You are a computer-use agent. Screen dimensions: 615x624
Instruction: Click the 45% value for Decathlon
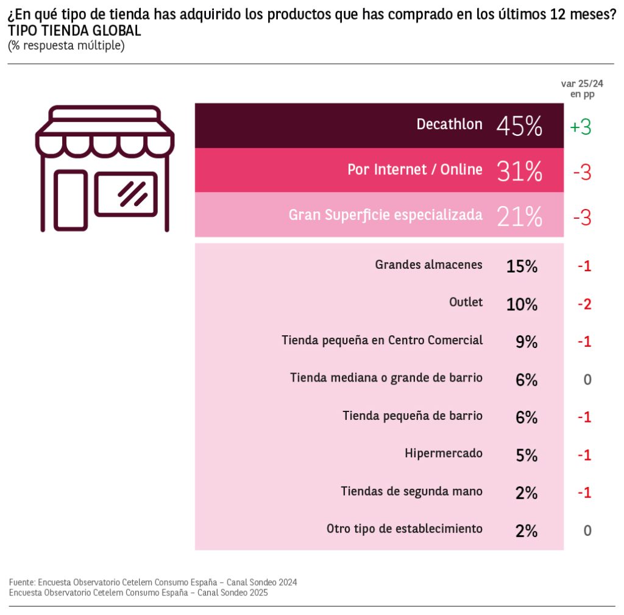(x=519, y=126)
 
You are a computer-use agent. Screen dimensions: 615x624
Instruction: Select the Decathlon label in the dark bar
(x=449, y=124)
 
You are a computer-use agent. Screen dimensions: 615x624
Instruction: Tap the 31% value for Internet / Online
(x=519, y=171)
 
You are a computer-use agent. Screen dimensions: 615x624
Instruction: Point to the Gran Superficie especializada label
(x=385, y=215)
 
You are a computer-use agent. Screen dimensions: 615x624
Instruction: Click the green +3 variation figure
(x=580, y=127)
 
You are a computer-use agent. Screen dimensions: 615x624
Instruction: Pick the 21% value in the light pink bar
(x=519, y=216)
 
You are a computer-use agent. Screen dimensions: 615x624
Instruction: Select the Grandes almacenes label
(x=428, y=265)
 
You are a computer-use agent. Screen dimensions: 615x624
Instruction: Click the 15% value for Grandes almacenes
(x=522, y=266)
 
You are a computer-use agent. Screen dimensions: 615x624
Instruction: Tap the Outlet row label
(x=466, y=302)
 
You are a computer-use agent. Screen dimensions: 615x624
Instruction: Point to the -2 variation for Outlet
(x=584, y=304)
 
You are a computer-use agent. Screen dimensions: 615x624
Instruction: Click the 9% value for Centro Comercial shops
(x=526, y=341)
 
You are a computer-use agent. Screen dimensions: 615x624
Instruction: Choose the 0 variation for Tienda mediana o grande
(x=587, y=379)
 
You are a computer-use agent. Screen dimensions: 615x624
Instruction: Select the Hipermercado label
(x=443, y=453)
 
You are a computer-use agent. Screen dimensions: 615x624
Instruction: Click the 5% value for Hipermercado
(x=526, y=455)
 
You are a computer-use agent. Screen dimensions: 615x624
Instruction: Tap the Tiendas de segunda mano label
(x=411, y=491)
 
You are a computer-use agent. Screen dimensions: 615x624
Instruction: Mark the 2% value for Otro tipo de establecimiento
(x=526, y=530)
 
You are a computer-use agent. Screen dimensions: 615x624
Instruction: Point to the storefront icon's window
(x=126, y=194)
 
